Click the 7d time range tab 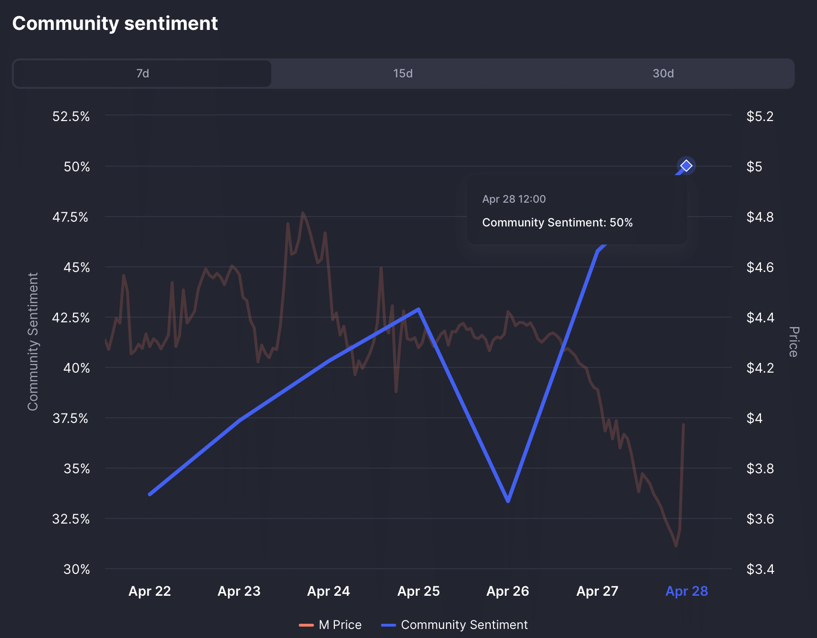[x=142, y=74]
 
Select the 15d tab [x=403, y=74]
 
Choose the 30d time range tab [x=663, y=74]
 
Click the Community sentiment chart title [x=115, y=23]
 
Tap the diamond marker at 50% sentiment [x=686, y=166]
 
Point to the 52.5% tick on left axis [x=71, y=116]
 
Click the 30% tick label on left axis [x=77, y=569]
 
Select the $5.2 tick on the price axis [x=760, y=116]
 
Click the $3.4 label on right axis [x=760, y=569]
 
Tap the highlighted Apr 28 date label [x=686, y=591]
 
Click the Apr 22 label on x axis [x=150, y=591]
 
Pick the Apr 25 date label [x=418, y=591]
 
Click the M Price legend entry [x=331, y=625]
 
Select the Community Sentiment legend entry [x=455, y=625]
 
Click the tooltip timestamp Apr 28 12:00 [x=514, y=199]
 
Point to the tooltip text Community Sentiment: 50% [x=557, y=223]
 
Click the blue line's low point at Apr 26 [x=508, y=500]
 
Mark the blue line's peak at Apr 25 [x=418, y=310]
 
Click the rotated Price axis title [x=793, y=342]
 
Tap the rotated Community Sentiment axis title [x=33, y=342]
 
